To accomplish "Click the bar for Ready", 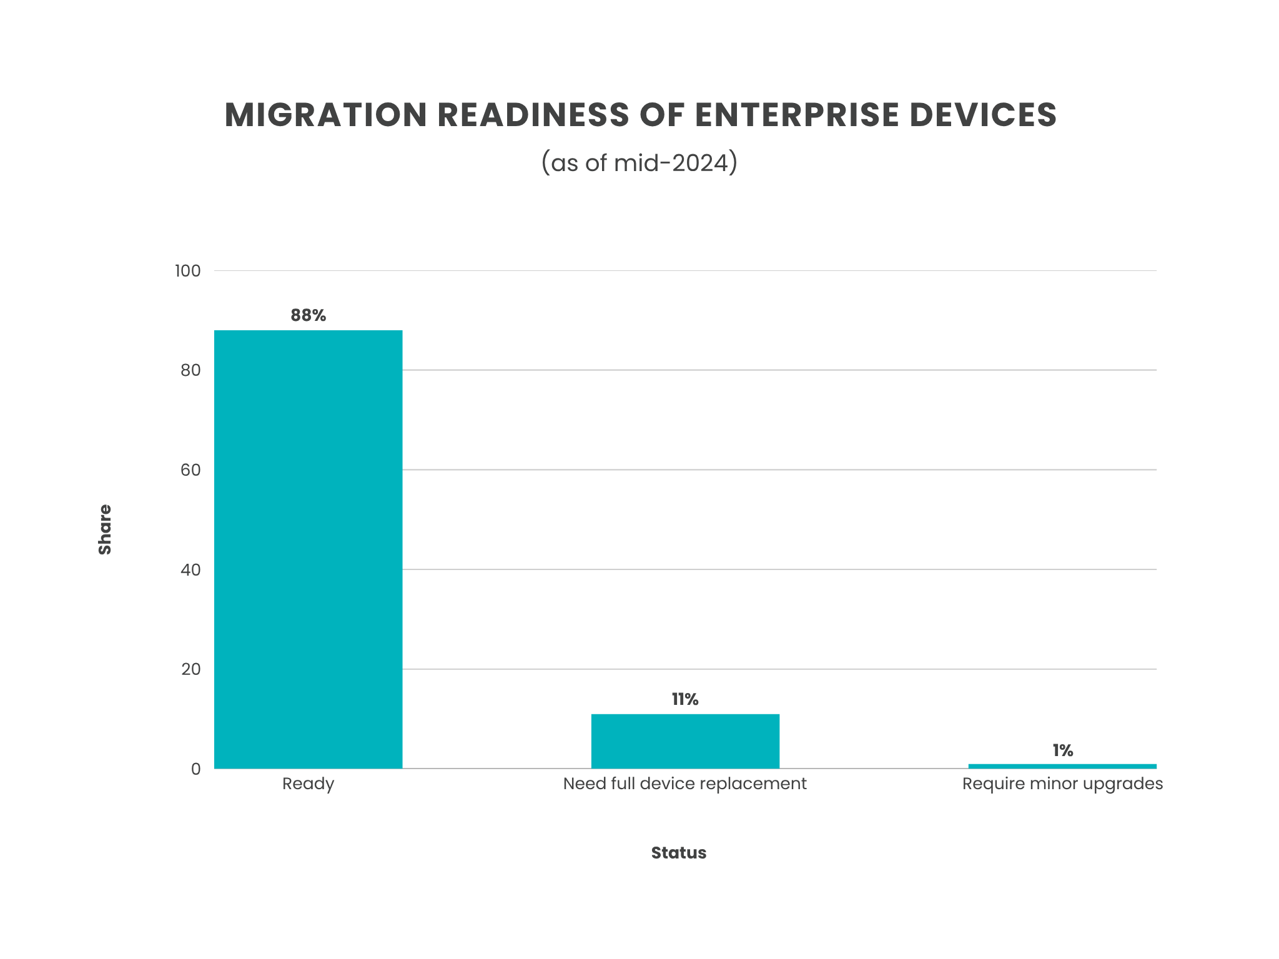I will pyautogui.click(x=308, y=549).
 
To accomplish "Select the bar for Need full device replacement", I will pyautogui.click(x=685, y=741).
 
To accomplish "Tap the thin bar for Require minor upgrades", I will pyautogui.click(x=1062, y=766).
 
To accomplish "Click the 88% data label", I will pyautogui.click(x=308, y=315).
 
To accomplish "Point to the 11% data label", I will pyautogui.click(x=685, y=699).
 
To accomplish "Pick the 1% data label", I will pyautogui.click(x=1062, y=750).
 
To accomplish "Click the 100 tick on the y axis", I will pyautogui.click(x=187, y=271).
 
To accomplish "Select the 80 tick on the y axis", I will pyautogui.click(x=190, y=370).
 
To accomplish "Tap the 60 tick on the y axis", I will pyautogui.click(x=190, y=470).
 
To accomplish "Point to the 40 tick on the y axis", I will pyautogui.click(x=190, y=569).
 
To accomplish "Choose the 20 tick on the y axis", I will pyautogui.click(x=190, y=669).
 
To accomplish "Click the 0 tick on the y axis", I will pyautogui.click(x=195, y=769).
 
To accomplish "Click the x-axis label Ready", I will pyautogui.click(x=308, y=784).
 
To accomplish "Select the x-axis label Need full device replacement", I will pyautogui.click(x=685, y=784).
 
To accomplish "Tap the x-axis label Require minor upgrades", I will pyautogui.click(x=1062, y=784).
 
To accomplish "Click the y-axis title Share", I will pyautogui.click(x=105, y=529).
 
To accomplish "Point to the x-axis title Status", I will pyautogui.click(x=678, y=853).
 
